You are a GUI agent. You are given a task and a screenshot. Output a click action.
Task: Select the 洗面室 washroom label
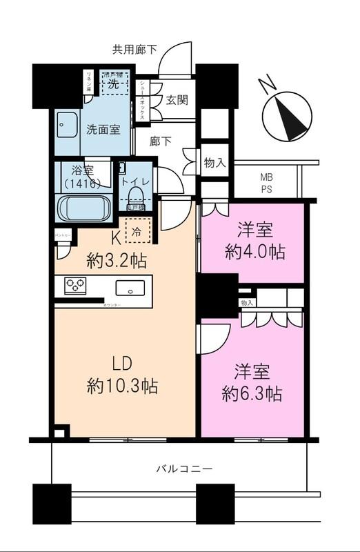[x=100, y=128]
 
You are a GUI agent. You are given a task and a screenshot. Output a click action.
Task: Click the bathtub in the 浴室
[x=83, y=207]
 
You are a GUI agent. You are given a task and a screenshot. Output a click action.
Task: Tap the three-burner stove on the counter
[x=75, y=285]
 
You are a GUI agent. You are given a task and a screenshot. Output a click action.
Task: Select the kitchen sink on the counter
[x=129, y=287]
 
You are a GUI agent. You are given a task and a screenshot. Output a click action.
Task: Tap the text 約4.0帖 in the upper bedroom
[x=252, y=253]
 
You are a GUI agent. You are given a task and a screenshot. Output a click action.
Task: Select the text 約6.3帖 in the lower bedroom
[x=252, y=394]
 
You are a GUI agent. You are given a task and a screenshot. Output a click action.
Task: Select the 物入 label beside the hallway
[x=215, y=163]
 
